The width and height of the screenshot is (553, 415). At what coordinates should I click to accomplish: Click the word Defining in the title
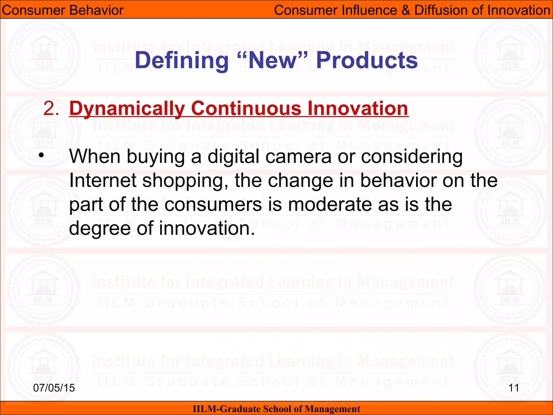point(182,61)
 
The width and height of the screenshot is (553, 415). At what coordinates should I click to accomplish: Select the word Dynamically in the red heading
point(127,109)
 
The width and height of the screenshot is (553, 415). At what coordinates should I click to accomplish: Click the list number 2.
point(51,109)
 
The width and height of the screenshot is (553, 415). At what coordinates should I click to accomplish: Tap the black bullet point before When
point(41,156)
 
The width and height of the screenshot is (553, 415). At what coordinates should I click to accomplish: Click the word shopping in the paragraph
point(187,181)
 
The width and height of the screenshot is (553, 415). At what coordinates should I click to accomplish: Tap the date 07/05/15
point(54,388)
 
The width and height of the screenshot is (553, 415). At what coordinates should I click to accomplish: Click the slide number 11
point(514,388)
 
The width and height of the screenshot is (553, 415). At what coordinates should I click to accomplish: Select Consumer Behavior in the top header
point(63,10)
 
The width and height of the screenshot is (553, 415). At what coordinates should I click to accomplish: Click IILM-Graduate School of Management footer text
point(276,409)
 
